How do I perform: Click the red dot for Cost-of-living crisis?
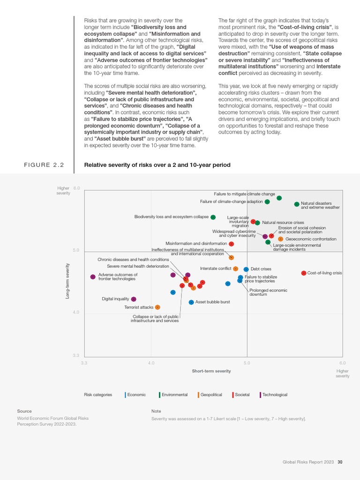click(x=303, y=273)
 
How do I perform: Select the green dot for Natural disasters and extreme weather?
click(x=297, y=204)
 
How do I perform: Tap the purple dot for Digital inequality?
click(x=134, y=299)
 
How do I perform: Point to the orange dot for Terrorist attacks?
click(x=157, y=307)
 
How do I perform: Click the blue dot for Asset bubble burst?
click(x=191, y=302)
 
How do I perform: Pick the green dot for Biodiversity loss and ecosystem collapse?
click(x=213, y=217)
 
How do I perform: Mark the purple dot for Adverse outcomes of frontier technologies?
click(x=93, y=277)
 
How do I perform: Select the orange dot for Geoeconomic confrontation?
click(x=280, y=239)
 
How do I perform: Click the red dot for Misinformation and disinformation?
click(x=232, y=244)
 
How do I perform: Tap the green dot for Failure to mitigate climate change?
click(x=279, y=198)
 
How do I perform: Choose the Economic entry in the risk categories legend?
click(x=136, y=395)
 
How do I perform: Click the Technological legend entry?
click(x=274, y=395)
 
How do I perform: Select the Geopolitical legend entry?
click(x=211, y=395)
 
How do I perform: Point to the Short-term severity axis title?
click(x=211, y=371)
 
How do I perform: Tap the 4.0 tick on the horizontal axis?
click(x=151, y=363)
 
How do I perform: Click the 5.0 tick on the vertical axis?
click(x=76, y=250)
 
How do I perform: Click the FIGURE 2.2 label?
click(x=44, y=165)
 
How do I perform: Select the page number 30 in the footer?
click(x=340, y=462)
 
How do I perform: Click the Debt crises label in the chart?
click(x=261, y=269)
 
